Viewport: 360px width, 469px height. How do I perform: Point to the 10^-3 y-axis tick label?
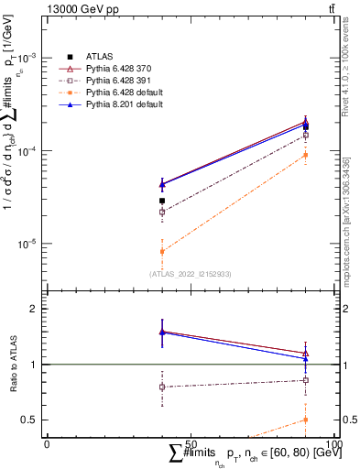(30, 57)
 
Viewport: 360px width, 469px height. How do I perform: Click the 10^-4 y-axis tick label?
(30, 150)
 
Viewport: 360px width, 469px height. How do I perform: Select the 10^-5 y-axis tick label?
(30, 245)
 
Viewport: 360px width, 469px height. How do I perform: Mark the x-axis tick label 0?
(47, 442)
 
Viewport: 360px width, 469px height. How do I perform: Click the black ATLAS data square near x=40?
(161, 201)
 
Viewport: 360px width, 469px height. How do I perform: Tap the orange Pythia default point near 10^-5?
(161, 251)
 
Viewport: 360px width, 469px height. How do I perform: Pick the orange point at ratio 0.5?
(305, 420)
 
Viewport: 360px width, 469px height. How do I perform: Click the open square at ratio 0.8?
(161, 387)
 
